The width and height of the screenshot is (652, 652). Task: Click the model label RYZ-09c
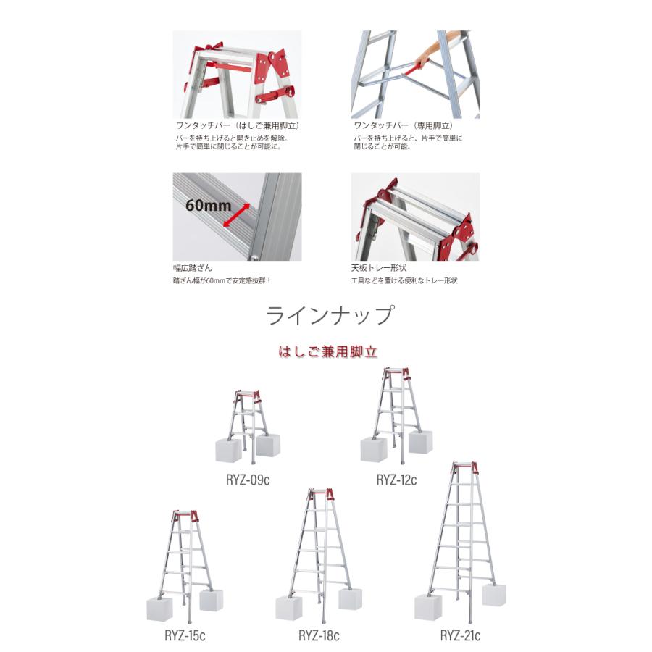(x=247, y=480)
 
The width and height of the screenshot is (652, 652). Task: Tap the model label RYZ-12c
(x=396, y=480)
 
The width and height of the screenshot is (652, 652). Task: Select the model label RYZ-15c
(x=184, y=636)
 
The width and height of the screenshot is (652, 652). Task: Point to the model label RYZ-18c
(x=319, y=636)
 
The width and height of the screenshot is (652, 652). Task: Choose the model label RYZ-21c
(x=460, y=636)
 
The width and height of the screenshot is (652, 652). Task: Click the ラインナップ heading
(x=330, y=317)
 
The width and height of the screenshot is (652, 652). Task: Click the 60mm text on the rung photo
(x=208, y=205)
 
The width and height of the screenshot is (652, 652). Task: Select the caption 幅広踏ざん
(x=193, y=267)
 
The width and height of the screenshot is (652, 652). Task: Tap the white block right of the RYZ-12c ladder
(x=420, y=441)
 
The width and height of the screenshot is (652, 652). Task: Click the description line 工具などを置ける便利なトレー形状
(x=404, y=280)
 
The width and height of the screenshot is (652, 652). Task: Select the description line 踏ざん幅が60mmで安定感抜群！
(x=227, y=280)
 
